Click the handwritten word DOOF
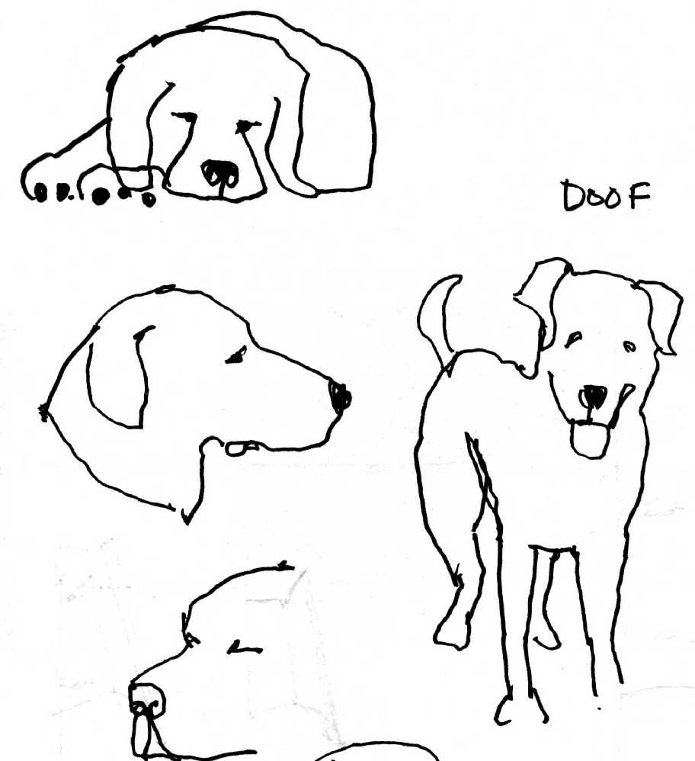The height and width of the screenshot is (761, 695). tap(606, 196)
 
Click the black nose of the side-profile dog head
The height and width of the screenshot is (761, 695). tap(340, 397)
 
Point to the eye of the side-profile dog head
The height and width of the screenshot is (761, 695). tap(236, 356)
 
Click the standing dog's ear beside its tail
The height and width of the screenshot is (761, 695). tap(543, 301)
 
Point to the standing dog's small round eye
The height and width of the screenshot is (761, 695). tap(629, 346)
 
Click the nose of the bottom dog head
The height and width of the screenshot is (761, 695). tap(147, 701)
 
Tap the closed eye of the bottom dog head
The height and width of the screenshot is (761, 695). tap(245, 647)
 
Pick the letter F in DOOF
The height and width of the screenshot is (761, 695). tap(639, 196)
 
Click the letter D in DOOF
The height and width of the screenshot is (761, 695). tap(573, 196)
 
